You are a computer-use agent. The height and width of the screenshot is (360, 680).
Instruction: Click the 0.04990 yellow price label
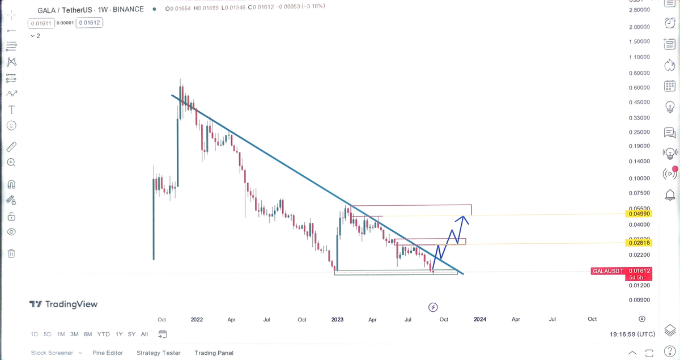[x=639, y=214]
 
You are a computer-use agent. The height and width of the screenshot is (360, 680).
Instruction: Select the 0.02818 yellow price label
[x=639, y=243]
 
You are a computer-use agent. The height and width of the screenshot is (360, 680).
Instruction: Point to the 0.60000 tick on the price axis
[x=639, y=88]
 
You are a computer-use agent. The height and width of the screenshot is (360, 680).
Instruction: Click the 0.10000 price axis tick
[x=639, y=178]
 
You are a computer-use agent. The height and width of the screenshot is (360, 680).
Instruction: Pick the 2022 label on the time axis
[x=197, y=320]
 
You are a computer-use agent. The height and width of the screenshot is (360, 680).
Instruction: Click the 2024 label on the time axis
[x=480, y=320]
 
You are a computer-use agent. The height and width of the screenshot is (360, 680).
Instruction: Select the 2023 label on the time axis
[x=337, y=320]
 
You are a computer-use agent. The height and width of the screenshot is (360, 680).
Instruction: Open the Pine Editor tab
[x=108, y=353]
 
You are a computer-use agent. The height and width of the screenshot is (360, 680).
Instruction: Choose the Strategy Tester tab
[x=158, y=353]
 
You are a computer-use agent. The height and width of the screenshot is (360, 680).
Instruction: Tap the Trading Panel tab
[x=214, y=353]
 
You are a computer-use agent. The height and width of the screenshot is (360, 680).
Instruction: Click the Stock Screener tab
[x=52, y=353]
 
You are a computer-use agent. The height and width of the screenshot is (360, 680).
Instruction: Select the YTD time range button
[x=103, y=334]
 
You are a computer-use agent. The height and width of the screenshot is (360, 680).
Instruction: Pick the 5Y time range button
[x=131, y=334]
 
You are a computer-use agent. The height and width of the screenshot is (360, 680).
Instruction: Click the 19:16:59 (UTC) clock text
[x=632, y=334]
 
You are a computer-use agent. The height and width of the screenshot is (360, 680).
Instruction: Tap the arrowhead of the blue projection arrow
[x=464, y=217]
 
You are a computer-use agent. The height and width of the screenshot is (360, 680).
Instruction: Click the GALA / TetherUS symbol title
[x=66, y=10]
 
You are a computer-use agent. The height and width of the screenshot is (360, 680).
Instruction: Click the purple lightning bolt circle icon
[x=433, y=307]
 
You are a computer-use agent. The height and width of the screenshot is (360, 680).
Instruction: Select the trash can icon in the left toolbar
[x=11, y=253]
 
